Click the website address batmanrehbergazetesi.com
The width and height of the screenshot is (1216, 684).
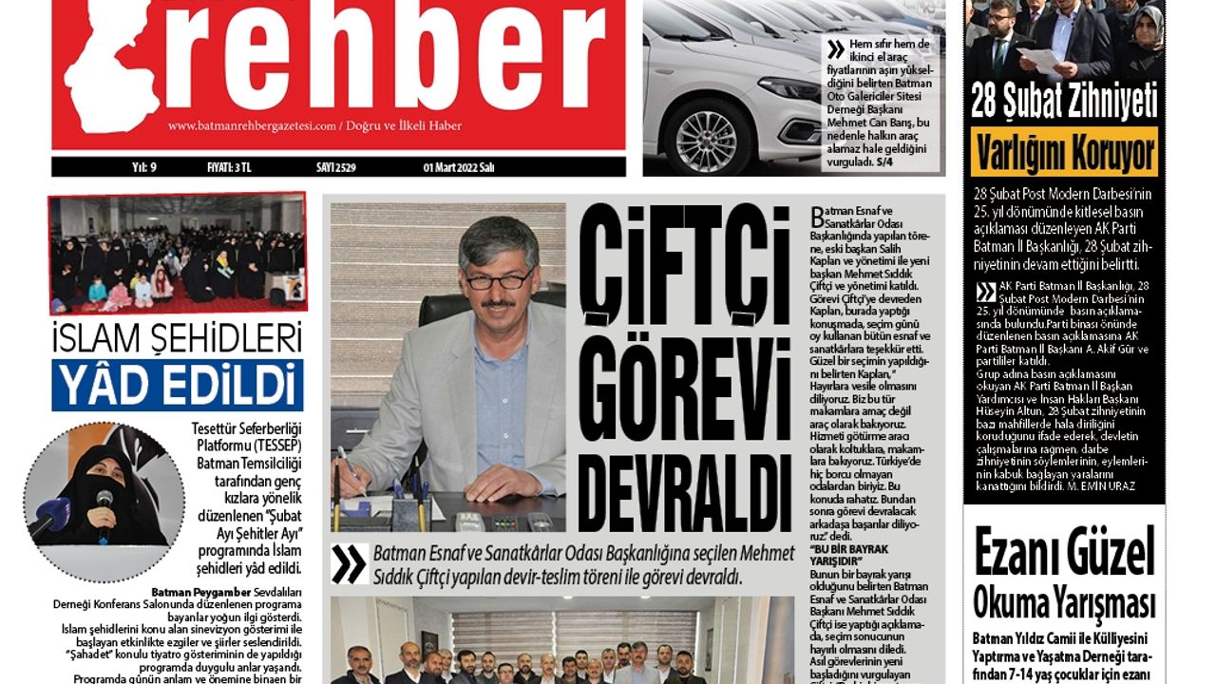pyautogui.click(x=253, y=126)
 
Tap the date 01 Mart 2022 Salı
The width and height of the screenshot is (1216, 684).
pyautogui.click(x=459, y=168)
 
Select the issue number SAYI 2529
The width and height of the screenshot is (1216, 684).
pyautogui.click(x=336, y=168)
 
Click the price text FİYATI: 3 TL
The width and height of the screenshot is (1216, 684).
pyautogui.click(x=229, y=168)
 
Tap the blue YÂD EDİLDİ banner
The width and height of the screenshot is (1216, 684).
pyautogui.click(x=178, y=384)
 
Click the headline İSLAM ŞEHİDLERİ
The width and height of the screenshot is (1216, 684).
pyautogui.click(x=178, y=338)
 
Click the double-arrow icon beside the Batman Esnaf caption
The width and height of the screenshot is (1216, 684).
pyautogui.click(x=349, y=564)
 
